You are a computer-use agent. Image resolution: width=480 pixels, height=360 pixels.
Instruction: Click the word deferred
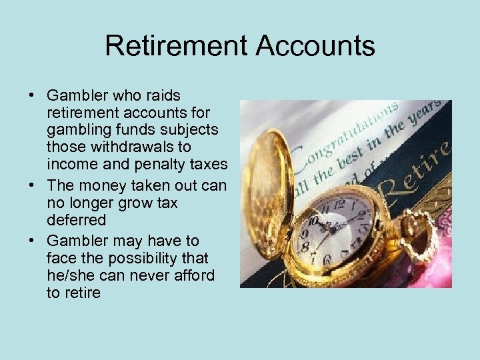pyautogui.click(x=75, y=219)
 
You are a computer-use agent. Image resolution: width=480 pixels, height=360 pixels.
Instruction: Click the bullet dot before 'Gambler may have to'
pyautogui.click(x=32, y=241)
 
